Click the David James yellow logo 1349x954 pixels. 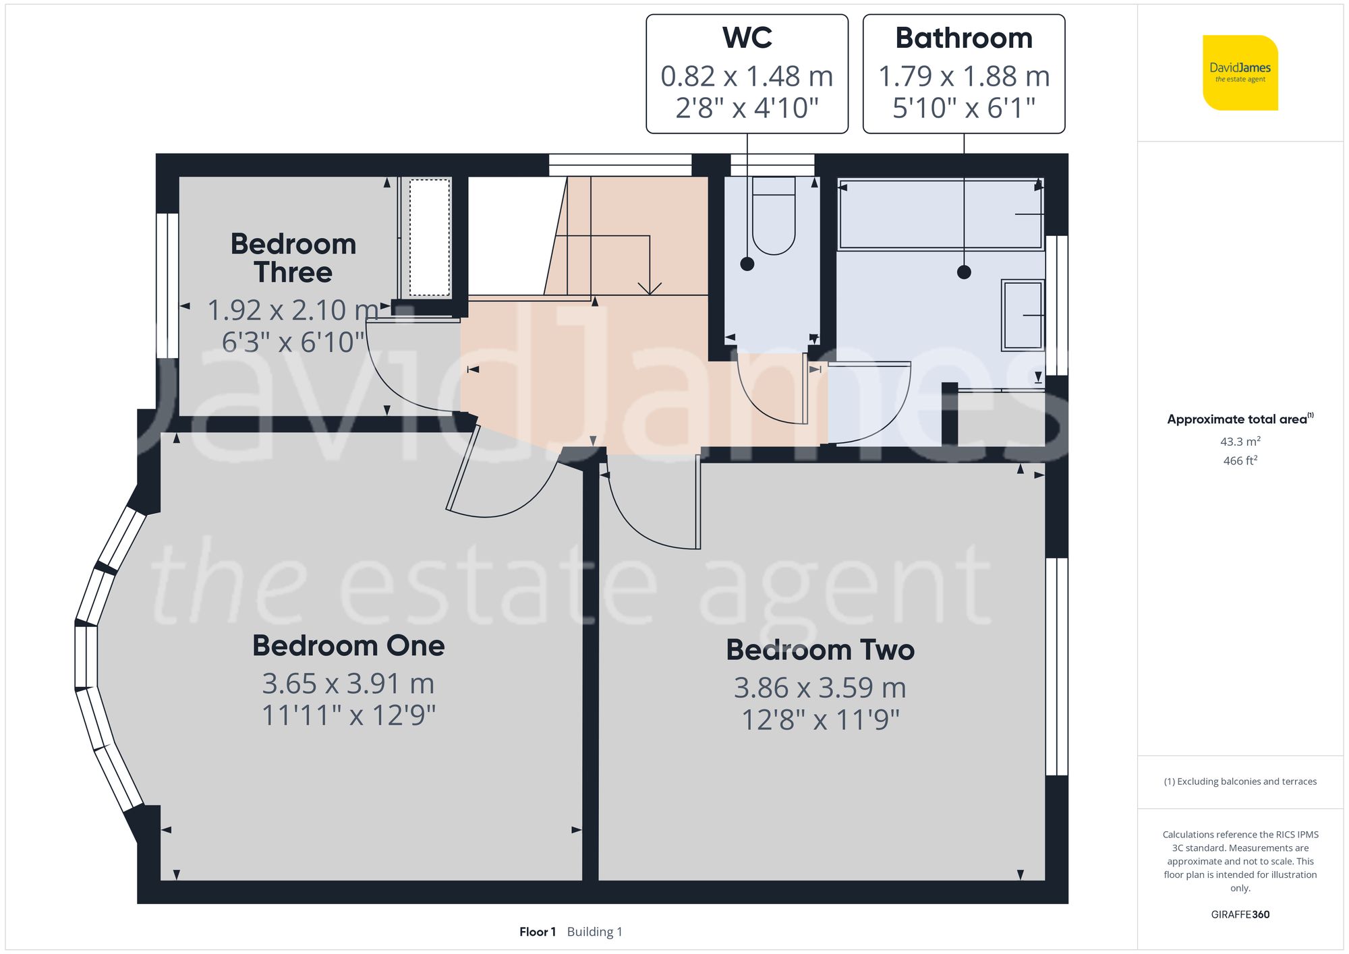[1240, 73]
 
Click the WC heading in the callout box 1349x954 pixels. [747, 38]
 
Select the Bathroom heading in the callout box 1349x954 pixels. [963, 38]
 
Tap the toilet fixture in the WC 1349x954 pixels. [773, 216]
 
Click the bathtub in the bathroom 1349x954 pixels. [940, 214]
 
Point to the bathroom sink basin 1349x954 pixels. [1023, 315]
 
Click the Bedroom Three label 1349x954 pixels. [293, 258]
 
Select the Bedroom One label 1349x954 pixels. [348, 645]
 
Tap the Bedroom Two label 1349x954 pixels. [820, 649]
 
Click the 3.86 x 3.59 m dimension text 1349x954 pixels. [820, 688]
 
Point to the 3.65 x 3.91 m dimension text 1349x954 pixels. [348, 684]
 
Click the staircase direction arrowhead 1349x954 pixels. [650, 289]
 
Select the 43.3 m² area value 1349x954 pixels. [1240, 442]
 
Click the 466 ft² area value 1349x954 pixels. [1240, 460]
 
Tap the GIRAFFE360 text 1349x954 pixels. [1240, 914]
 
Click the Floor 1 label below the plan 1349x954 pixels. [537, 932]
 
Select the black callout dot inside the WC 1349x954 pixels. [747, 264]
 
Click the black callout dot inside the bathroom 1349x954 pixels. [964, 272]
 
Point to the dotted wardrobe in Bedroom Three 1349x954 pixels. [429, 237]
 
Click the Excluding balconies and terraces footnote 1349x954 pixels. [1240, 781]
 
